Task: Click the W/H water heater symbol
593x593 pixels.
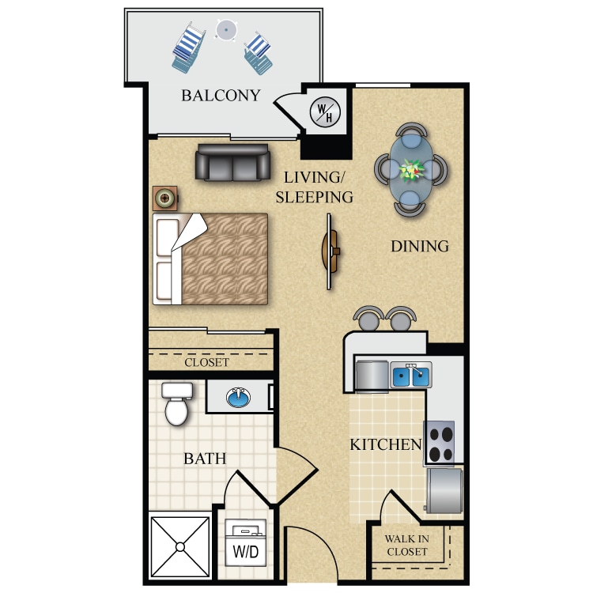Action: click(325, 111)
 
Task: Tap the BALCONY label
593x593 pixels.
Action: click(221, 96)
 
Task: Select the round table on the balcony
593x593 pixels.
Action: click(226, 30)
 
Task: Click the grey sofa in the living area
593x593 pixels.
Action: click(232, 162)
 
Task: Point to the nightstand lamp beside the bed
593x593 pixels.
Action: click(165, 198)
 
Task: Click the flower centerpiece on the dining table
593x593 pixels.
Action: click(411, 170)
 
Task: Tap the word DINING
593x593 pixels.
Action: click(420, 246)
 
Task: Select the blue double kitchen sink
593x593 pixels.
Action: click(410, 376)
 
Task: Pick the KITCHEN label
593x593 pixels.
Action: click(386, 444)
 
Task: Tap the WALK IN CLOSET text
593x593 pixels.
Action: click(407, 545)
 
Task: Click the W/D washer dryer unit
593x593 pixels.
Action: click(245, 542)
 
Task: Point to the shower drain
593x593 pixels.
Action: click(180, 547)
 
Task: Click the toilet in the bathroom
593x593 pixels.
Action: click(176, 403)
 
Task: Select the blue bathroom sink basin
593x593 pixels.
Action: click(238, 398)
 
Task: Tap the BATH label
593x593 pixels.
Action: click(205, 459)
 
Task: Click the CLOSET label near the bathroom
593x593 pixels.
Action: click(207, 362)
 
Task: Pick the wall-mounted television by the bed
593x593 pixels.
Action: click(330, 251)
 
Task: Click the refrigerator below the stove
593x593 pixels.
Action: click(444, 490)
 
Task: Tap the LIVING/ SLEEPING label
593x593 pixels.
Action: click(314, 187)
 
